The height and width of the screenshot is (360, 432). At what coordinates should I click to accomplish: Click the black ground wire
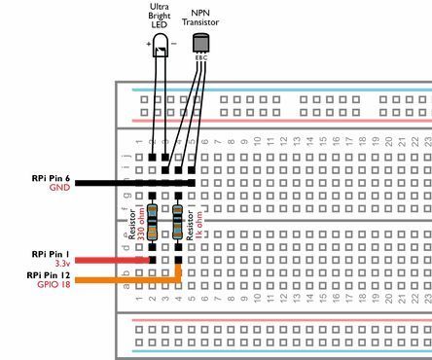tap(107, 182)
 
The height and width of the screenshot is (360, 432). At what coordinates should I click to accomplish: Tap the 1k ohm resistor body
tap(178, 222)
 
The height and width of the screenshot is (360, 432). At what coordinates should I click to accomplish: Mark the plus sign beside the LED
tap(149, 45)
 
